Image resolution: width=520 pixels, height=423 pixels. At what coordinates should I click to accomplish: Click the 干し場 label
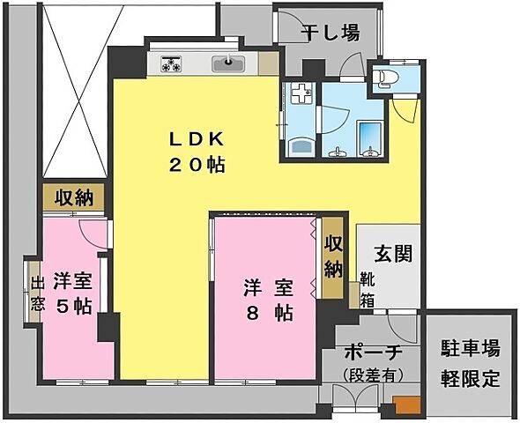click(x=331, y=33)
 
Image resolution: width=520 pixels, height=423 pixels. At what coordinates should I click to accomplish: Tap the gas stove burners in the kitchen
click(x=171, y=63)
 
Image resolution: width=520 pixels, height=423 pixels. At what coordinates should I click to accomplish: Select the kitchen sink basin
click(x=231, y=63)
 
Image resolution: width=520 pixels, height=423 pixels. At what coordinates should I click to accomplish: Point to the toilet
click(x=384, y=78)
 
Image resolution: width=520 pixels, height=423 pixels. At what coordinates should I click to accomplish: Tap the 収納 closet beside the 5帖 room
click(x=74, y=197)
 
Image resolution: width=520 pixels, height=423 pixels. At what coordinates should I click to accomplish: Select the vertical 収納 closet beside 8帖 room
click(x=332, y=256)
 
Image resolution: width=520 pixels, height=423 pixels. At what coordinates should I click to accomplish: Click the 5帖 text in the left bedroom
click(x=73, y=306)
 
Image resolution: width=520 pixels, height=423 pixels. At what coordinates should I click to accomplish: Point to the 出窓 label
click(x=38, y=295)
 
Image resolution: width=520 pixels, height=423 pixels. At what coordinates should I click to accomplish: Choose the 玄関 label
click(x=388, y=253)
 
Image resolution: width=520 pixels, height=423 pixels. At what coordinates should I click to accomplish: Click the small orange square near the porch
click(x=405, y=406)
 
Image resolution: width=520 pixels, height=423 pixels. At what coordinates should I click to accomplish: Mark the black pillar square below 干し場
click(x=311, y=66)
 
